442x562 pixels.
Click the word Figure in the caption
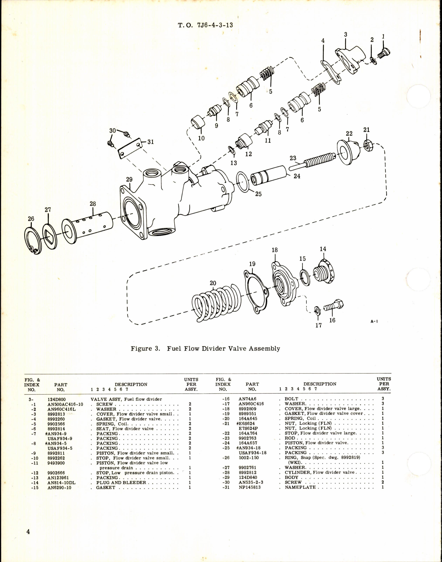[141, 348]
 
